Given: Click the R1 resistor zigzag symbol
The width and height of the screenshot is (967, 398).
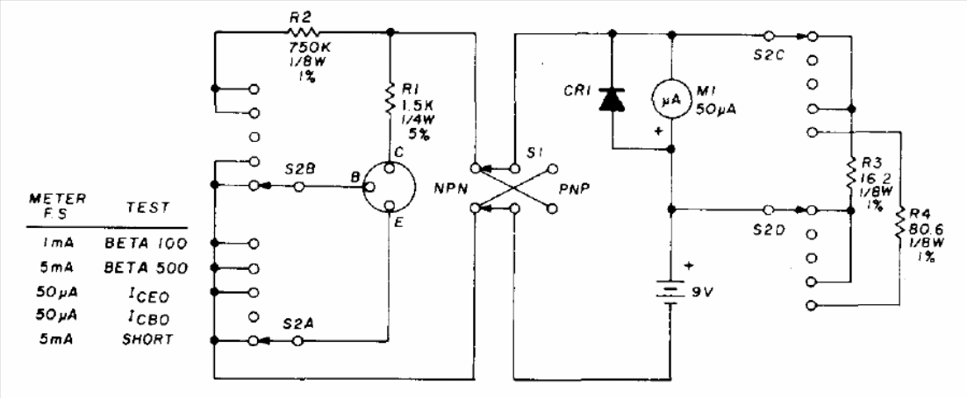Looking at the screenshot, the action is [x=389, y=101].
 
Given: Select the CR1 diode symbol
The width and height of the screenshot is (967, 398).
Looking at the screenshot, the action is [x=612, y=100].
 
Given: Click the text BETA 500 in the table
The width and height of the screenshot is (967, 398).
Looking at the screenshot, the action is [x=146, y=268].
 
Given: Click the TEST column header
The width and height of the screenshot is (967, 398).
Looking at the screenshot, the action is [x=147, y=209].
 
